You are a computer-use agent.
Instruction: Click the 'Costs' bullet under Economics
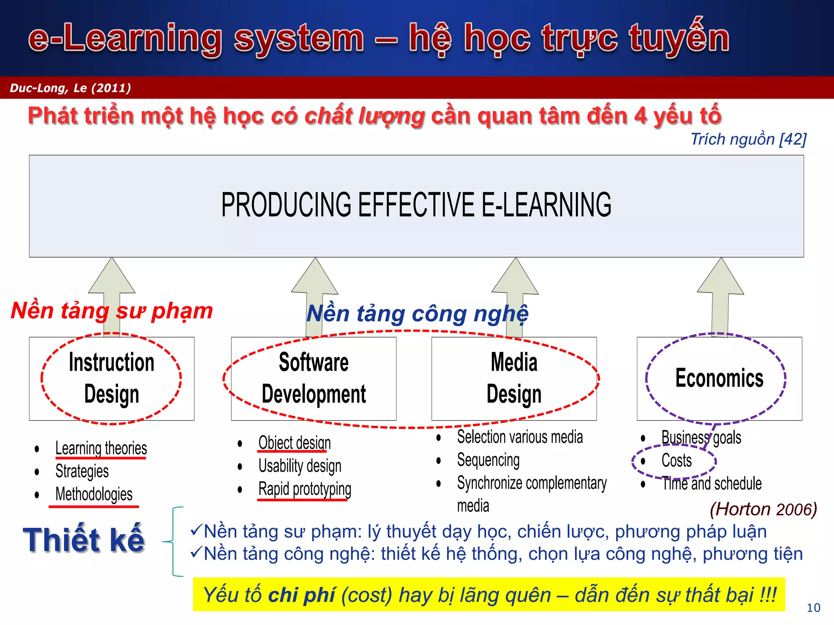[676, 461]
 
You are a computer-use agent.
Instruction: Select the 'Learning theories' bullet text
[101, 448]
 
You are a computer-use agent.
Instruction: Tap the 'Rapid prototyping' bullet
[305, 489]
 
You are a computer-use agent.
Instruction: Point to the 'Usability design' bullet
[300, 466]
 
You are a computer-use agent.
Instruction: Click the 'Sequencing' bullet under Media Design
[488, 460]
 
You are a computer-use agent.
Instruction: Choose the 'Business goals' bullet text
[701, 438]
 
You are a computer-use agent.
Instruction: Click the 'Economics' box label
[719, 378]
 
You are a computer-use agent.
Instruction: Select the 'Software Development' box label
[314, 378]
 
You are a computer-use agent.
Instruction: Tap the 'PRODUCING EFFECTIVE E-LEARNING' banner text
[416, 205]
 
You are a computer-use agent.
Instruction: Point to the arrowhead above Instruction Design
[112, 277]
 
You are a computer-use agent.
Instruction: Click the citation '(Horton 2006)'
[763, 509]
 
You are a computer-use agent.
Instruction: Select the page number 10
[813, 608]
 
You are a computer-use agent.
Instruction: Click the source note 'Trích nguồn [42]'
[748, 139]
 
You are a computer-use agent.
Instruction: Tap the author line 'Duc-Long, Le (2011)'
[70, 88]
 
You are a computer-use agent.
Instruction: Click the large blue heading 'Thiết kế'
[84, 540]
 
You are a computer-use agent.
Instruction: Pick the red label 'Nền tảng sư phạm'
[112, 311]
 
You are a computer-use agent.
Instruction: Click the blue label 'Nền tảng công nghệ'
[417, 314]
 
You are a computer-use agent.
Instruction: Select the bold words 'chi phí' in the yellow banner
[302, 595]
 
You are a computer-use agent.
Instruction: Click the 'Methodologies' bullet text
[94, 494]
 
